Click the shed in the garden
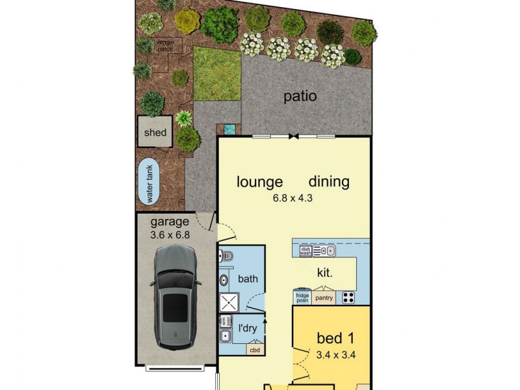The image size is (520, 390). click(x=155, y=133)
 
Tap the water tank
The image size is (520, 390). click(x=149, y=184)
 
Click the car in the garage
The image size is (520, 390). click(x=175, y=298)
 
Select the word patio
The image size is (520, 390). click(x=300, y=97)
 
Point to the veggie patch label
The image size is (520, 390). click(x=164, y=45)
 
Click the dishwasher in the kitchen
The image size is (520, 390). click(x=305, y=250)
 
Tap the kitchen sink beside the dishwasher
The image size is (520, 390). click(x=323, y=250)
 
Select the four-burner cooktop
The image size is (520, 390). click(x=348, y=298)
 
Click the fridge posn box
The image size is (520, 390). click(x=301, y=297)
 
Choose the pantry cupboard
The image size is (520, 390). click(x=323, y=298)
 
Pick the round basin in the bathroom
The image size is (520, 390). click(x=223, y=280)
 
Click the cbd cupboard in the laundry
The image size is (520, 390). click(x=254, y=349)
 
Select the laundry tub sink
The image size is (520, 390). click(x=224, y=337)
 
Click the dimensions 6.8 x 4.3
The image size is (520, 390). click(x=292, y=198)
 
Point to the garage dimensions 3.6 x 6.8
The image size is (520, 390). click(x=170, y=235)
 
